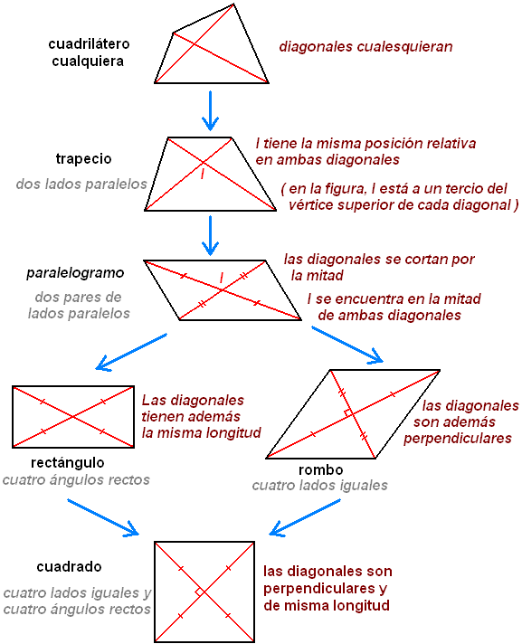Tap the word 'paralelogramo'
[75, 272]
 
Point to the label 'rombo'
[320, 470]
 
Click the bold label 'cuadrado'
[69, 567]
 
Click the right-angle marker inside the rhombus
[347, 413]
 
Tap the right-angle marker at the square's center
[200, 592]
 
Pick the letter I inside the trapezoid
[203, 174]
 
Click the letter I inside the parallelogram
[221, 275]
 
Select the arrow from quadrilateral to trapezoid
[210, 109]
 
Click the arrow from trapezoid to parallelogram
[210, 233]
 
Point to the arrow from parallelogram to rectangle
[131, 352]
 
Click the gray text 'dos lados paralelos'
[81, 184]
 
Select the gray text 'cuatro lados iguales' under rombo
[320, 486]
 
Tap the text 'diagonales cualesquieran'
[365, 45]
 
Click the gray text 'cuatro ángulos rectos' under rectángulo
[76, 480]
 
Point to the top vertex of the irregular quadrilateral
[235, 4]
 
